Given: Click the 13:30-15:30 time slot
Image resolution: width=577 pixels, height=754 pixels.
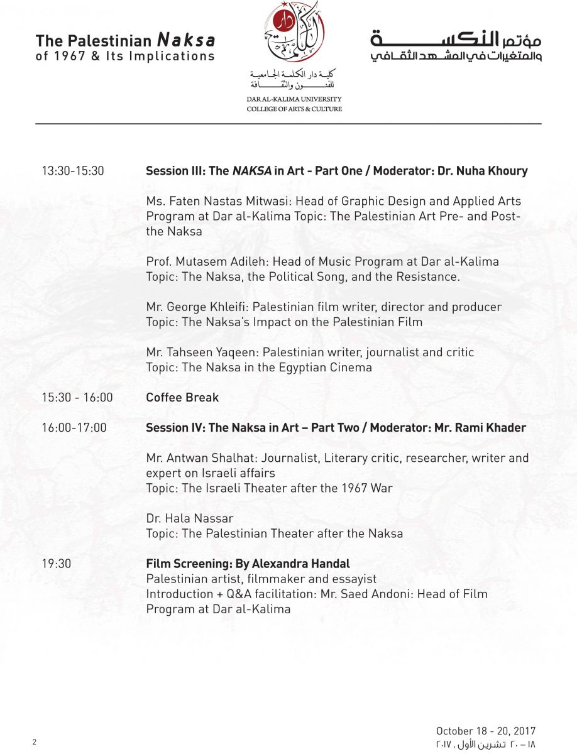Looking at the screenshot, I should (x=73, y=171).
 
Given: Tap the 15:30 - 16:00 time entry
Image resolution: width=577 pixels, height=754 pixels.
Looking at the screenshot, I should (x=77, y=397).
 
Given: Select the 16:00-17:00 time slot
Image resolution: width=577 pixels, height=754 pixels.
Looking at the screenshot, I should (x=74, y=428).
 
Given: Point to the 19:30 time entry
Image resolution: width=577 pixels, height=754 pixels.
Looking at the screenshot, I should (x=57, y=564).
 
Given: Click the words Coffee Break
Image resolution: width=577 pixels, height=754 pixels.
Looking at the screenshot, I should (x=182, y=397).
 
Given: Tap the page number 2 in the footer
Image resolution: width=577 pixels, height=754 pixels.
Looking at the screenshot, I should (x=35, y=742).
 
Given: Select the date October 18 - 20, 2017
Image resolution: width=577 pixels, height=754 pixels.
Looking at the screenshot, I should (x=485, y=731).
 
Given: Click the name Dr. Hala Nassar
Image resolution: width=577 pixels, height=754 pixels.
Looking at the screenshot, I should (x=189, y=518).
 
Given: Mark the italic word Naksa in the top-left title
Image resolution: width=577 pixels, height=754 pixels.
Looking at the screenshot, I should (x=185, y=41).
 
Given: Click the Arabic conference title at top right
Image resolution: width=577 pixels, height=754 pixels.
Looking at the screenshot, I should (x=456, y=47).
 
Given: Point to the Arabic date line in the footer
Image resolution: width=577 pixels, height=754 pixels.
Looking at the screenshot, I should (x=485, y=743).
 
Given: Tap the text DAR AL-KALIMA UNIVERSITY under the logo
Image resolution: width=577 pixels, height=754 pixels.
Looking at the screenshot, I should (x=294, y=99).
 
